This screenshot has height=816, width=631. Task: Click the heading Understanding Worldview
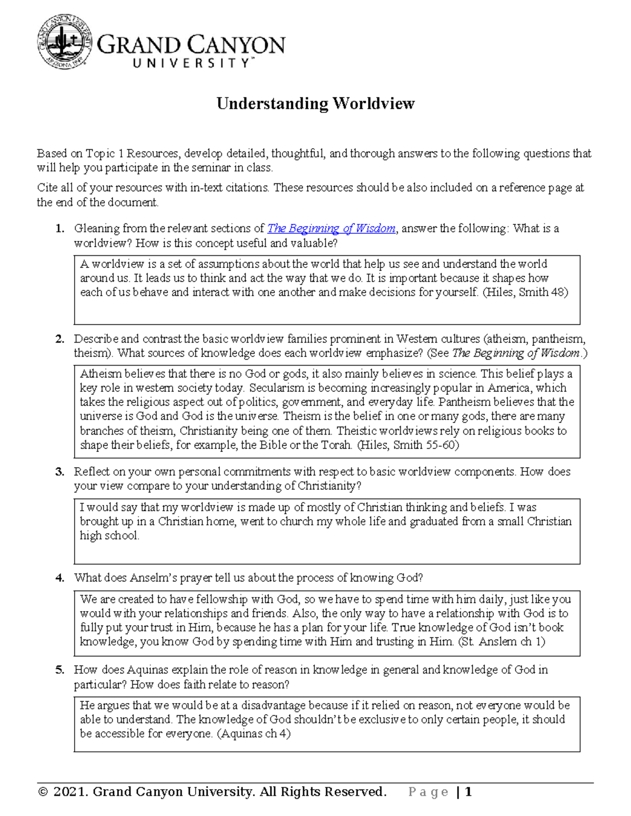coord(315,104)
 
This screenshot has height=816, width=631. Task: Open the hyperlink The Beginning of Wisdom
coord(331,229)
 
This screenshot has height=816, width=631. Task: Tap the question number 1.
coord(60,229)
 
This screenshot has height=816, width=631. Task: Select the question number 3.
coord(60,472)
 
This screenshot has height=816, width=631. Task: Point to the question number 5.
coord(60,670)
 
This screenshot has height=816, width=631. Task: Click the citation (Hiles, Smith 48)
coord(525,293)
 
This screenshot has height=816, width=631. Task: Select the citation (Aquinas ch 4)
coord(253,734)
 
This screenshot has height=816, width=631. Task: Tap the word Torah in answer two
coord(337,445)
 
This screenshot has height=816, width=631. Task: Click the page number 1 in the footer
coord(468,792)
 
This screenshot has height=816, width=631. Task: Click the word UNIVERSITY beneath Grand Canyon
coord(192,64)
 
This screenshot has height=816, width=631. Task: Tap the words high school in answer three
coord(109,536)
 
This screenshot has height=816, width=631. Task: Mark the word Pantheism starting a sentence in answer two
coord(463,402)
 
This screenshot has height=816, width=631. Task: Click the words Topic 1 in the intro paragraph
coord(105,153)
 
